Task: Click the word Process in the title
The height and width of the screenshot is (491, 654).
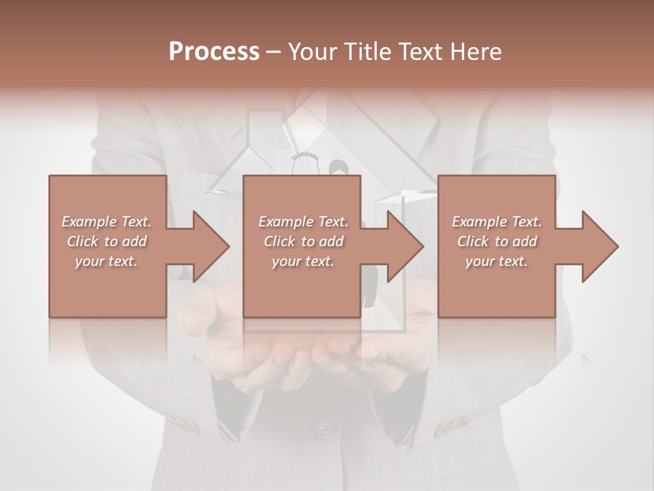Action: click(x=214, y=52)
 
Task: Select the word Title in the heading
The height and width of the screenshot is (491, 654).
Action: click(x=368, y=52)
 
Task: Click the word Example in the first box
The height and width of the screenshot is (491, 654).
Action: click(x=89, y=222)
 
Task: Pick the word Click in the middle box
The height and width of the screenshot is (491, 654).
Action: click(x=279, y=241)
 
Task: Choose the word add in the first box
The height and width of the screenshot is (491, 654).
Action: click(x=134, y=241)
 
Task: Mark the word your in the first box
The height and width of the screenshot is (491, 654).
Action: click(x=89, y=261)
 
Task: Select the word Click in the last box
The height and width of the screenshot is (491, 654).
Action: click(x=472, y=241)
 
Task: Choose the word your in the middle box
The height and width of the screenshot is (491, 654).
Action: click(x=285, y=261)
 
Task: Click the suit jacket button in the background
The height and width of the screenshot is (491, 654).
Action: click(x=326, y=429)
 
